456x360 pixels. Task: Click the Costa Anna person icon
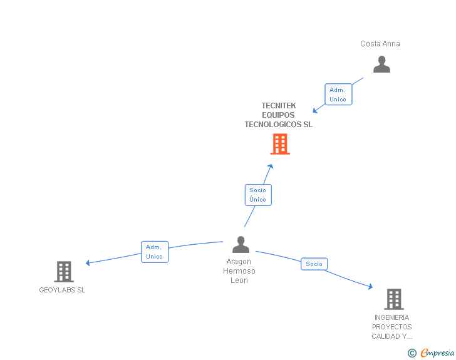[381, 64]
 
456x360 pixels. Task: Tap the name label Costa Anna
[380, 44]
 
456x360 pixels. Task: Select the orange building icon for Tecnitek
[280, 144]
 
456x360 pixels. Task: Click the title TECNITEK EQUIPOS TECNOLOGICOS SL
[278, 115]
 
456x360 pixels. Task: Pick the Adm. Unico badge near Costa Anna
[338, 95]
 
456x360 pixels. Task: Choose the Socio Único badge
[257, 195]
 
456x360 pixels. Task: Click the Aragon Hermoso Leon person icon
[241, 244]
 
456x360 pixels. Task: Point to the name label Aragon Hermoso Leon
[239, 271]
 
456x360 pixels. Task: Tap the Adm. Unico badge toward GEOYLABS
[154, 252]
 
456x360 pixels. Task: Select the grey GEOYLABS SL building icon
[64, 271]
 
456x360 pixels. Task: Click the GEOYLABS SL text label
[62, 291]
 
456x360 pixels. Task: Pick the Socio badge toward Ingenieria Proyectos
[314, 264]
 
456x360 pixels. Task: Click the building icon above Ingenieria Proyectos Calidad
[393, 299]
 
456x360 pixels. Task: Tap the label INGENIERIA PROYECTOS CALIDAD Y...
[392, 327]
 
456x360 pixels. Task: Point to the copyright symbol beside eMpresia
[412, 353]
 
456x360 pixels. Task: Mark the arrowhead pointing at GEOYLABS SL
[88, 263]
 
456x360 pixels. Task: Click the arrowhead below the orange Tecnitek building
[271, 167]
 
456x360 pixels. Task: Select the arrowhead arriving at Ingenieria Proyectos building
[370, 287]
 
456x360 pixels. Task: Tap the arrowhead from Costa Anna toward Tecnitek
[316, 110]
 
